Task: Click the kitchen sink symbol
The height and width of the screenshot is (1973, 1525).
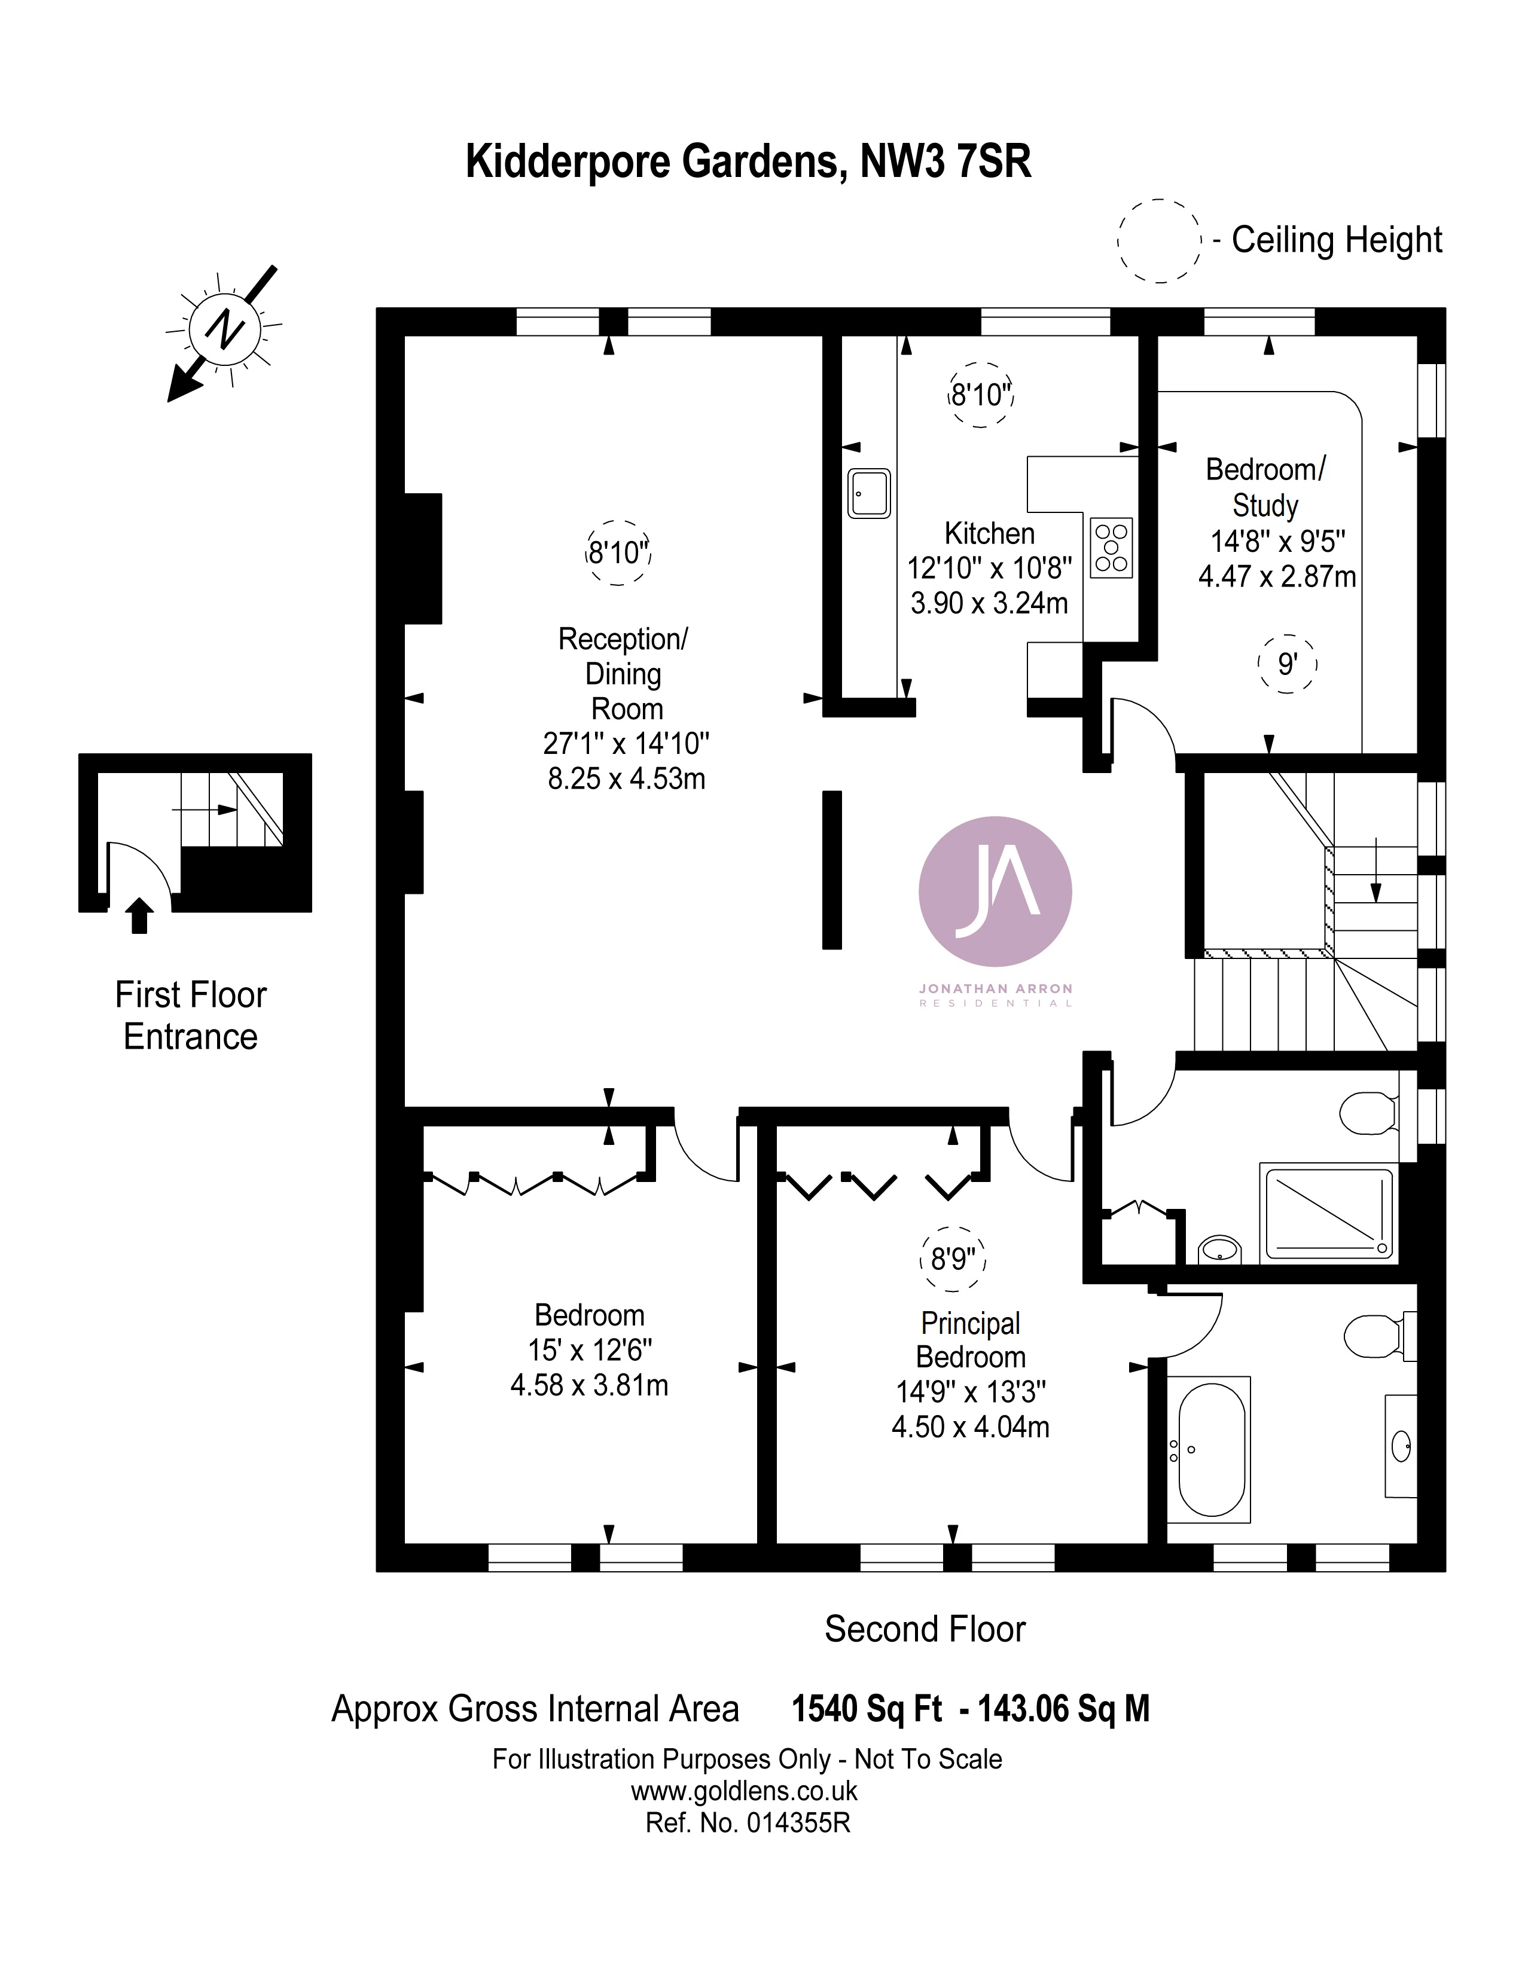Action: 868,493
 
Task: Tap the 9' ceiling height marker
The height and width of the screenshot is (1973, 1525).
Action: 1288,664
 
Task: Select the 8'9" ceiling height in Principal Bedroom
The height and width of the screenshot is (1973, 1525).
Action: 953,1259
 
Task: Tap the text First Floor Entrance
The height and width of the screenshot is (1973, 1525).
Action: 191,1015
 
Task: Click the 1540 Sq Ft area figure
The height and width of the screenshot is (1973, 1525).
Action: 867,1708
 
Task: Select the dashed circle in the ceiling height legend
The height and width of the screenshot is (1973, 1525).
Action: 1159,241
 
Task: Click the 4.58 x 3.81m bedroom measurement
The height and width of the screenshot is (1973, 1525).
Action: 589,1385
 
